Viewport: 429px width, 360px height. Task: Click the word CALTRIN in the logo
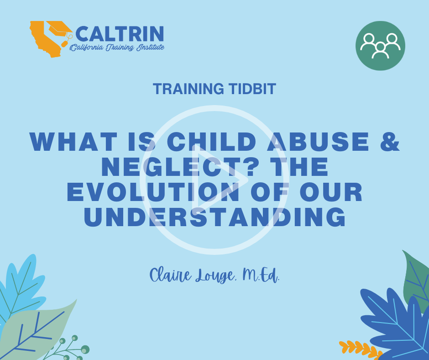click(x=120, y=34)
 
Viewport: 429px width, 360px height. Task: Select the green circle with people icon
click(x=380, y=46)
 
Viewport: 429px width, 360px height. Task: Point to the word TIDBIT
click(x=252, y=89)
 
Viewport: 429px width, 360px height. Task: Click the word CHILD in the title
click(x=211, y=142)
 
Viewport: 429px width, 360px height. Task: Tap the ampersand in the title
click(x=390, y=142)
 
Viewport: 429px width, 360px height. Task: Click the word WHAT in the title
click(x=73, y=142)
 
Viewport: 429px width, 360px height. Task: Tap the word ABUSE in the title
click(x=318, y=142)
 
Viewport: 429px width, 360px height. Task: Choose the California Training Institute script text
click(x=117, y=48)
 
